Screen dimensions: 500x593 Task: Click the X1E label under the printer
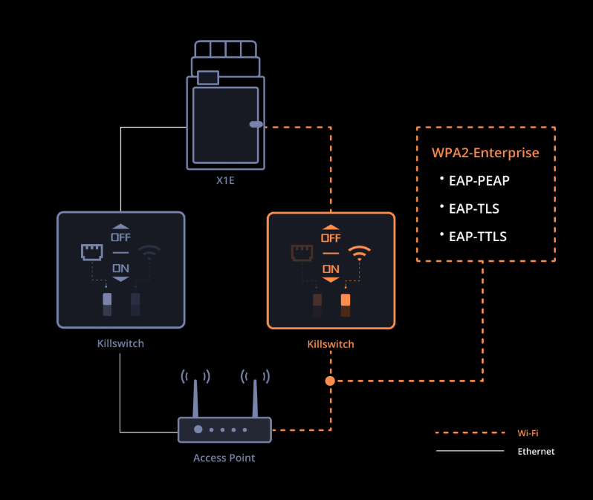[x=225, y=180]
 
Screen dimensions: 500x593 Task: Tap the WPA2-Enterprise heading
[x=485, y=153]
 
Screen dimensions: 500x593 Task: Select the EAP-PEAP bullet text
[x=479, y=180]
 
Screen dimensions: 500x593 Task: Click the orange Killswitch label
[x=331, y=344]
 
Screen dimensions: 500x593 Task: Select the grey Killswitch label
[x=120, y=344]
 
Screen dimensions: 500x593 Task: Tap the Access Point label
[x=224, y=458]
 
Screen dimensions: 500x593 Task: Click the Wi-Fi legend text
[x=528, y=432]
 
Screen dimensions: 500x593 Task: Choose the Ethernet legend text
[x=536, y=451]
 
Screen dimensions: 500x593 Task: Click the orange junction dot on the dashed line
[x=330, y=381]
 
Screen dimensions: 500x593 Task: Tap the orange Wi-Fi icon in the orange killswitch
[x=360, y=253]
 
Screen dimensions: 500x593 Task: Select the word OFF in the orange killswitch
[x=331, y=238]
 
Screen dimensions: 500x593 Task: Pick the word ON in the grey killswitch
[x=120, y=268]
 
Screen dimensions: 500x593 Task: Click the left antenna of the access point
[x=195, y=398]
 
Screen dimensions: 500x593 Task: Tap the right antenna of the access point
[x=254, y=398]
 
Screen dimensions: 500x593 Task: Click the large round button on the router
[x=198, y=430]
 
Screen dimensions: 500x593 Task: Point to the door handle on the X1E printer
[x=256, y=125]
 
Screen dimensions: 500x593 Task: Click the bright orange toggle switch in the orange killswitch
[x=346, y=301]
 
